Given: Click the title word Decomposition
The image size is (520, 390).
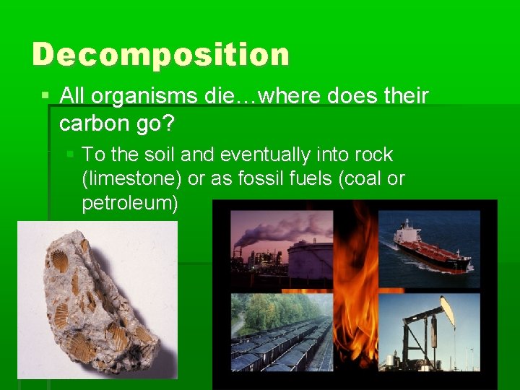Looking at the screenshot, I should [x=160, y=55].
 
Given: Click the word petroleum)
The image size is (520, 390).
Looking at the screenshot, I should [x=130, y=203].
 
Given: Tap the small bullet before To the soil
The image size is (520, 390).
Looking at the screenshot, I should [x=71, y=155].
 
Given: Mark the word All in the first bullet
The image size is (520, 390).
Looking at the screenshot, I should [x=74, y=95].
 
